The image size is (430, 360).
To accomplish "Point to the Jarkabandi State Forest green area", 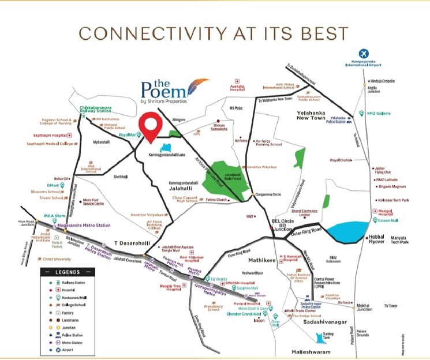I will point(226,178).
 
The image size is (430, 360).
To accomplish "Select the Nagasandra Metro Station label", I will point(84,225).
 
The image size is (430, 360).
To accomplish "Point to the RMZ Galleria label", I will point(379,113).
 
